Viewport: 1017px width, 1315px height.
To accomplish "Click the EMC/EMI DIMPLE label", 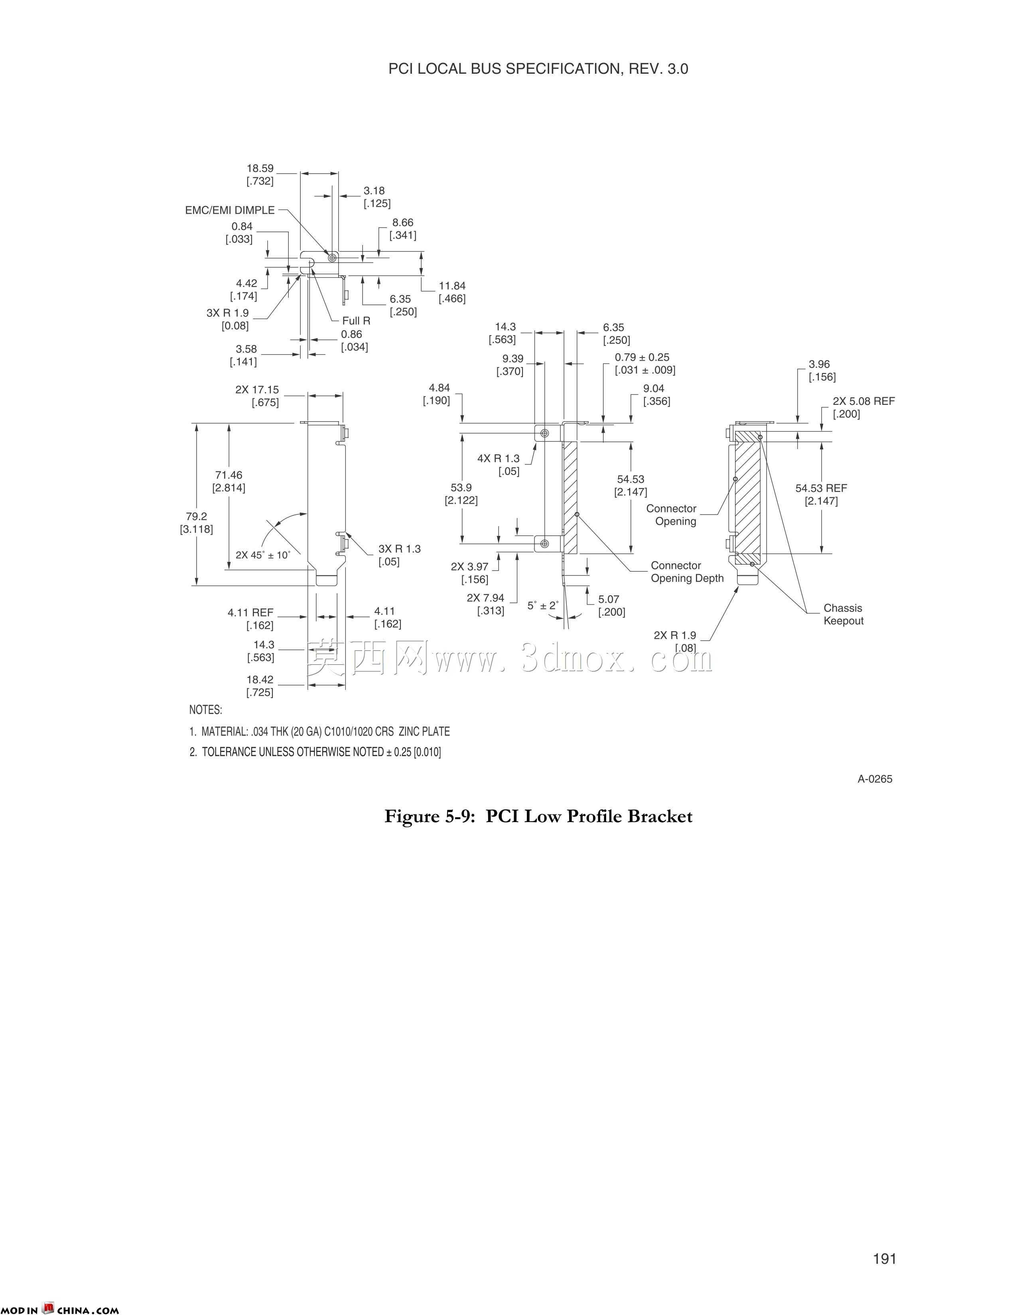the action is [x=230, y=210].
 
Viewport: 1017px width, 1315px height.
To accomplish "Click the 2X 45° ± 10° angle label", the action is [x=263, y=555].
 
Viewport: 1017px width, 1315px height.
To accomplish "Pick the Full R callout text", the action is [x=356, y=321].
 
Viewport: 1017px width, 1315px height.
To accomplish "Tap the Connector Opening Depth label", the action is [x=687, y=572].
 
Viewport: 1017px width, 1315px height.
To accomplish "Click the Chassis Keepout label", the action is [x=844, y=614].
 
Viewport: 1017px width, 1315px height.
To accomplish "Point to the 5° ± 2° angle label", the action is [x=543, y=605].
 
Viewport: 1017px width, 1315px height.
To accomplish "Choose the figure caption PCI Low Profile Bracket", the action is [x=539, y=816].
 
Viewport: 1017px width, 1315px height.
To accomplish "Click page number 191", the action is [x=885, y=1259].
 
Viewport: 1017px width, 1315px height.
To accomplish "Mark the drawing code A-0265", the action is [x=875, y=779].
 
